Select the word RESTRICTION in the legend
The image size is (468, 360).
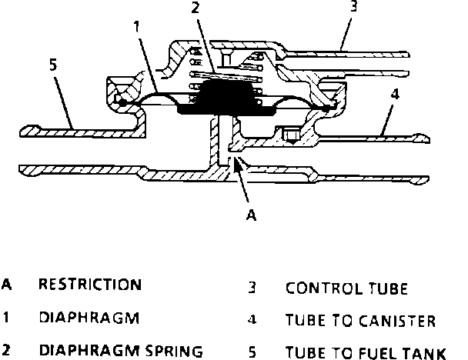(x=90, y=285)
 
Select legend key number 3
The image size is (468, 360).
(x=252, y=290)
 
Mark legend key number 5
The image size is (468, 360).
(x=252, y=354)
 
